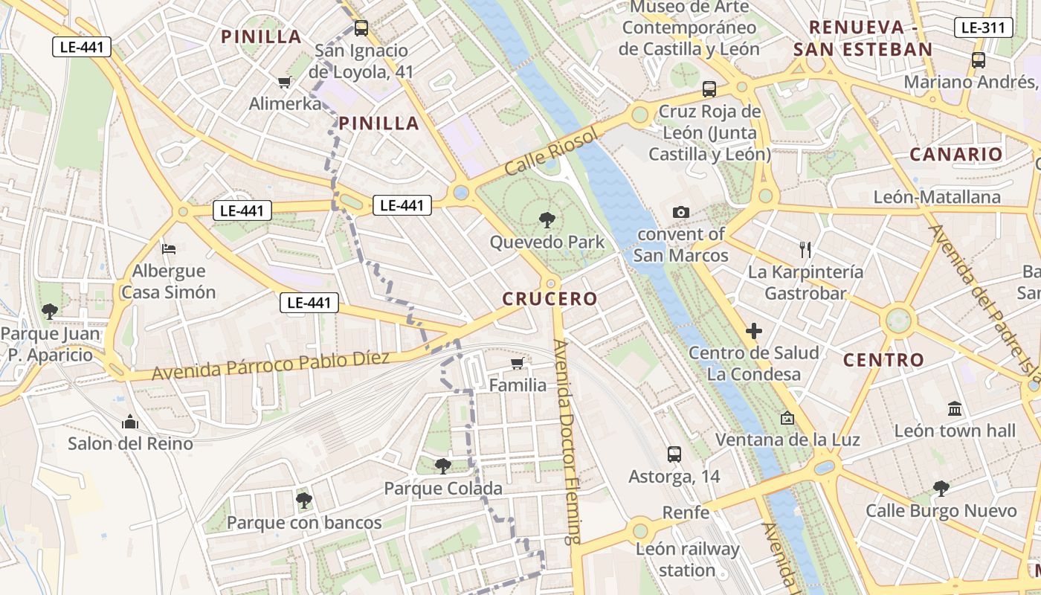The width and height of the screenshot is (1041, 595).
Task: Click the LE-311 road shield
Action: (983, 28)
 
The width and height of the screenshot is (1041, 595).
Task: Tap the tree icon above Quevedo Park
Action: (547, 219)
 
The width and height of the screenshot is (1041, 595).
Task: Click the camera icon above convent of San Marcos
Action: (680, 213)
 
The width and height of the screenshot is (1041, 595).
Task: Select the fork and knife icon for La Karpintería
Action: (805, 249)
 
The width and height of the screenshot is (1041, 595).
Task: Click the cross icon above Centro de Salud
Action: (754, 330)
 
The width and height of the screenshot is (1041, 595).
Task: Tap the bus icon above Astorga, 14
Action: (674, 454)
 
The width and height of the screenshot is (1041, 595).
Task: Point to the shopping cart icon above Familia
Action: (518, 363)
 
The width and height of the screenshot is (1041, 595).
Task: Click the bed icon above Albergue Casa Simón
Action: (169, 248)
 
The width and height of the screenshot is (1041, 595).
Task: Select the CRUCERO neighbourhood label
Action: (549, 299)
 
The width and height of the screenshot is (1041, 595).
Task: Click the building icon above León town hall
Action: (955, 408)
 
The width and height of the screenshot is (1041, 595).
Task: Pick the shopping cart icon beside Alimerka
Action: (284, 82)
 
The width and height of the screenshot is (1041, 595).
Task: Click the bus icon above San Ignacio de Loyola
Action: (361, 28)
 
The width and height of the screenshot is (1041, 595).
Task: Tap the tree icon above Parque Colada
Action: (442, 466)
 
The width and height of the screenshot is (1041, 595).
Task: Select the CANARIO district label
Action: (956, 155)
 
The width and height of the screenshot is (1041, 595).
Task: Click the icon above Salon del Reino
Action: (130, 422)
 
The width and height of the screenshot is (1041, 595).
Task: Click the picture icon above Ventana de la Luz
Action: (787, 418)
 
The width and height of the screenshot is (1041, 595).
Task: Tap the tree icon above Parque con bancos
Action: (303, 500)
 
